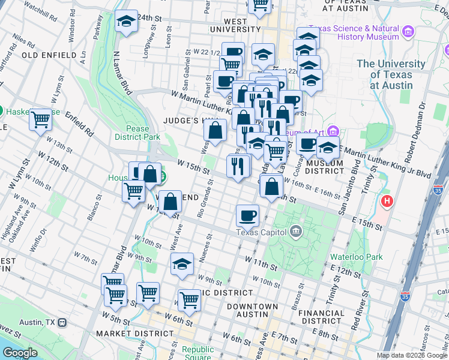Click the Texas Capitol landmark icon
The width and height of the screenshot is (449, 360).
[295, 232]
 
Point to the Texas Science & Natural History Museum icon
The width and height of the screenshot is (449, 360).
[408, 31]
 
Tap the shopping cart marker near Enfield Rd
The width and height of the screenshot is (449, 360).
[41, 119]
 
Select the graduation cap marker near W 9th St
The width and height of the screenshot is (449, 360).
[182, 264]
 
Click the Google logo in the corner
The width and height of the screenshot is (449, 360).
[20, 353]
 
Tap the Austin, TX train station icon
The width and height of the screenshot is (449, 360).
[62, 322]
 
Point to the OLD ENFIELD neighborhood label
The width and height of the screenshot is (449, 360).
[49, 55]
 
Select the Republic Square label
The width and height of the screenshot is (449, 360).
[197, 353]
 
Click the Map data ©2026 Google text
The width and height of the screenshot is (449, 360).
[411, 355]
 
